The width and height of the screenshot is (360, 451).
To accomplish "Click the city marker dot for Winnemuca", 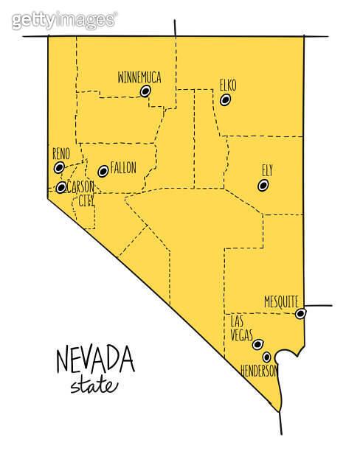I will [145, 91].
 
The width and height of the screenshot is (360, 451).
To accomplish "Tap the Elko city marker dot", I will [226, 99].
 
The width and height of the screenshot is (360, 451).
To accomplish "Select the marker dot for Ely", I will [263, 186].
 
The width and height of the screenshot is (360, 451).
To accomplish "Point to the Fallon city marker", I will [103, 171].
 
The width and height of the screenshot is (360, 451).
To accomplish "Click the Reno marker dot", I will [59, 168].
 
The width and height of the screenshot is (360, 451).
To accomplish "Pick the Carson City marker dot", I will [60, 188].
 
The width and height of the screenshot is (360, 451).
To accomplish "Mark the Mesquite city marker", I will [300, 314].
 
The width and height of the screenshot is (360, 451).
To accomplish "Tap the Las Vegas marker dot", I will [257, 344].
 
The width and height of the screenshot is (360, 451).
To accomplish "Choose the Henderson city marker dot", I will [267, 357].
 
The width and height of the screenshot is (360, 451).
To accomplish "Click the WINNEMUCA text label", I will [139, 77].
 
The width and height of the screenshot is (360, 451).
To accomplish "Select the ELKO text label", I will [228, 85].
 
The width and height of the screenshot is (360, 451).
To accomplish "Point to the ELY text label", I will [267, 170].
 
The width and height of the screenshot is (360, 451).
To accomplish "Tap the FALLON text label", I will [123, 168].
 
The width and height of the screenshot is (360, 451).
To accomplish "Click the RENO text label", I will [60, 154].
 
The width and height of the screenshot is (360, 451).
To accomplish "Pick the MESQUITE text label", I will [281, 301].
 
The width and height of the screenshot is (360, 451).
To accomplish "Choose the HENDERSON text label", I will [258, 371].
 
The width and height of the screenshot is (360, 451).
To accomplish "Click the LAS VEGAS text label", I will [241, 329].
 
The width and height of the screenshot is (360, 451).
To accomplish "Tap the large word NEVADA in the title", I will [95, 362].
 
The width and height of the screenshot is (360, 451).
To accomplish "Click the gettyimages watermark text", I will [64, 20].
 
